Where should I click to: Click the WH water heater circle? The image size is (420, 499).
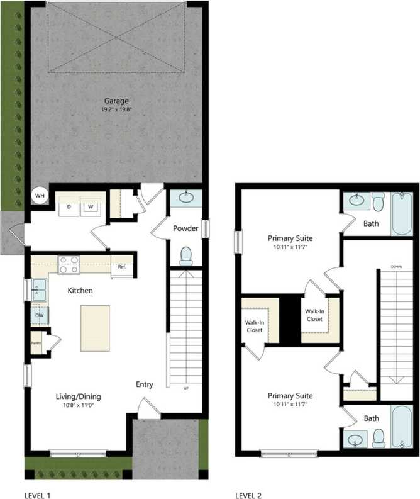point(40,196)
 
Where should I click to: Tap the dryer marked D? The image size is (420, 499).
point(69,206)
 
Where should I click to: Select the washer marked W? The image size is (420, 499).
point(91,206)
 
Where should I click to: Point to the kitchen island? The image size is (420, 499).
point(94,328)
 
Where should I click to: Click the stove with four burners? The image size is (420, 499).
point(68,265)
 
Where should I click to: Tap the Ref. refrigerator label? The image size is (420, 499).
point(122,266)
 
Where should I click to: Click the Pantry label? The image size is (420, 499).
point(36,343)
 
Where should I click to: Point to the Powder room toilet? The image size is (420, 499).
point(186,255)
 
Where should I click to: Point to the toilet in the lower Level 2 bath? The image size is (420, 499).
point(379,436)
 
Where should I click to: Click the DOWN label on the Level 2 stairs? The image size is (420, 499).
point(396,266)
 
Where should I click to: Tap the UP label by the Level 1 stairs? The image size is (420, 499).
point(185,388)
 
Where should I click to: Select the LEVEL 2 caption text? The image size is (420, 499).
point(248,495)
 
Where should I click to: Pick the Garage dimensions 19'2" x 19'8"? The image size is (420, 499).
point(117,109)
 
